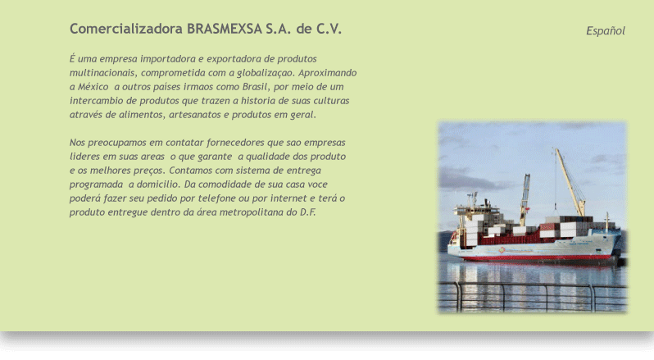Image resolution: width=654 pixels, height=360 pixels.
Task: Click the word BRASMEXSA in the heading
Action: click(225, 29)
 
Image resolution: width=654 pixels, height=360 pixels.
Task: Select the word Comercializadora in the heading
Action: click(126, 29)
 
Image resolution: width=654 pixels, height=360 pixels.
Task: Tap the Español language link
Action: click(605, 31)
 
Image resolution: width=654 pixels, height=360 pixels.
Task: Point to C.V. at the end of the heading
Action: click(329, 29)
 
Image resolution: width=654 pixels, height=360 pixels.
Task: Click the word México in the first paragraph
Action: click(93, 87)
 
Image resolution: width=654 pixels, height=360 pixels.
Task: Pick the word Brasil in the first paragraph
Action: click(255, 87)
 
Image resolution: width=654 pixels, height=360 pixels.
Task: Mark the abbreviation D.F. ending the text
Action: click(308, 212)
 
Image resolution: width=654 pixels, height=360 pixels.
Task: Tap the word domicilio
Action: click(158, 185)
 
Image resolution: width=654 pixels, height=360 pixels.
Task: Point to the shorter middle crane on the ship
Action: click(525, 199)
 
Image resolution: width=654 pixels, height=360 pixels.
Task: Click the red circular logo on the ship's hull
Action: click(502, 250)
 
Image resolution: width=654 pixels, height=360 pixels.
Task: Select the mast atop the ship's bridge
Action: click(474, 200)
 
